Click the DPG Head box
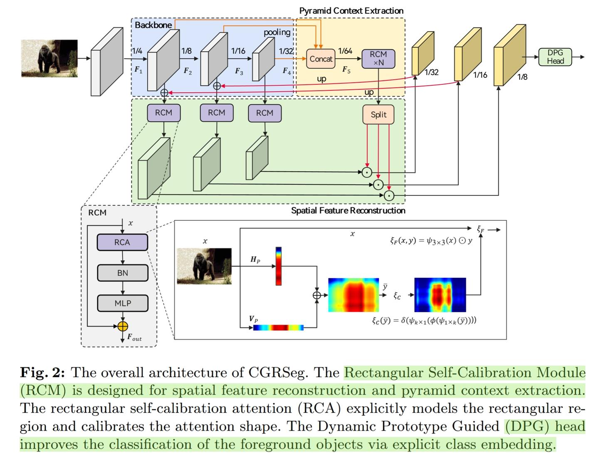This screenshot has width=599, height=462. point(555,57)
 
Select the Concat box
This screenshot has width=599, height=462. point(321,59)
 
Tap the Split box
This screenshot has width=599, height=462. point(378,115)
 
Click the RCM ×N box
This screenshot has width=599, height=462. point(378,59)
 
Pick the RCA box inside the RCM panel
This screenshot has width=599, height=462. point(122,242)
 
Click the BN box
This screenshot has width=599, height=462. point(122,273)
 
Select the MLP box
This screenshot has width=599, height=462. point(122,304)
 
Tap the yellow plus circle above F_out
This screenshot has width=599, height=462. point(122,326)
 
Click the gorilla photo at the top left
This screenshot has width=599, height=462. point(50,59)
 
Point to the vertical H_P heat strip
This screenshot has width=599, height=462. point(278,266)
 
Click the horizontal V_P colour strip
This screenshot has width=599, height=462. point(278,328)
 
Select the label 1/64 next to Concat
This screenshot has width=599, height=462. point(345,51)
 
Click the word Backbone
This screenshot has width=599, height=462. point(153,25)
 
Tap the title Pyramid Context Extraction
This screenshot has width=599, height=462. point(351,11)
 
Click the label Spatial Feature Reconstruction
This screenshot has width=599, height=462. point(348,210)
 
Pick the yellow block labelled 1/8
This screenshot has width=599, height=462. point(509,55)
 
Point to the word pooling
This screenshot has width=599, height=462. point(277,32)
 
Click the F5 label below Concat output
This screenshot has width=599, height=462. point(346,69)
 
